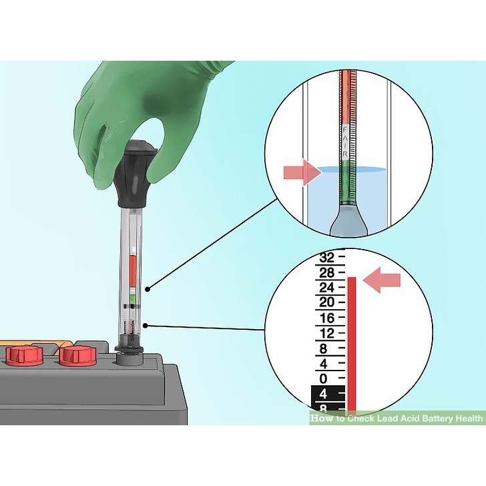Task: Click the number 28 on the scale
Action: pos(326,272)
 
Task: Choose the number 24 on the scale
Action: pos(326,288)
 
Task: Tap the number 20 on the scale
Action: pos(326,302)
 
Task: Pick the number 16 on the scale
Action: pos(326,318)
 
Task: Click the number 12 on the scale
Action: pos(326,333)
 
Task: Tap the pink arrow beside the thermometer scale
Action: pos(382,278)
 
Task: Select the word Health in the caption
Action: pos(467,419)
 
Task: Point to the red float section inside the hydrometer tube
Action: pos(133,270)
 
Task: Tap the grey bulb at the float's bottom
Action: pos(348,220)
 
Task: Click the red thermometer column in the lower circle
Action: pos(352,340)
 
